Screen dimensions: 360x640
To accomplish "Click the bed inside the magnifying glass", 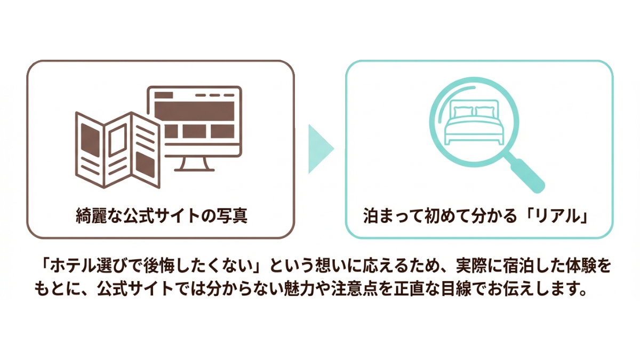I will tap(474, 125).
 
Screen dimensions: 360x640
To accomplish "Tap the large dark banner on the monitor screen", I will tap(194, 110).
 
